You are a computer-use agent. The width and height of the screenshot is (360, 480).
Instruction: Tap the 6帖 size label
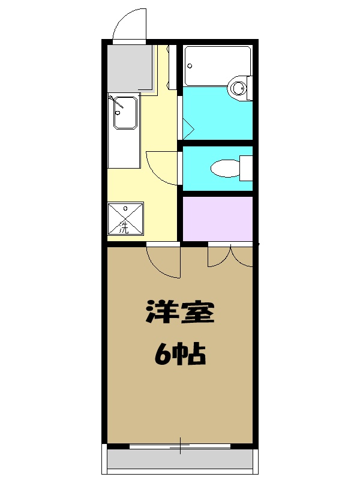[180, 355]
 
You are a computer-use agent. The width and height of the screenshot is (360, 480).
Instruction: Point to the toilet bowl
[225, 167]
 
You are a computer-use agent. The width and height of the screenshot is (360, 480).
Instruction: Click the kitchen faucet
[116, 104]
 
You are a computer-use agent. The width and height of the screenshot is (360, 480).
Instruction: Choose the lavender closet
[217, 218]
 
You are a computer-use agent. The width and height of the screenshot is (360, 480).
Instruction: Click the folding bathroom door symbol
[186, 127]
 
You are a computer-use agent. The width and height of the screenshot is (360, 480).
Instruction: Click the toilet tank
[246, 167]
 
